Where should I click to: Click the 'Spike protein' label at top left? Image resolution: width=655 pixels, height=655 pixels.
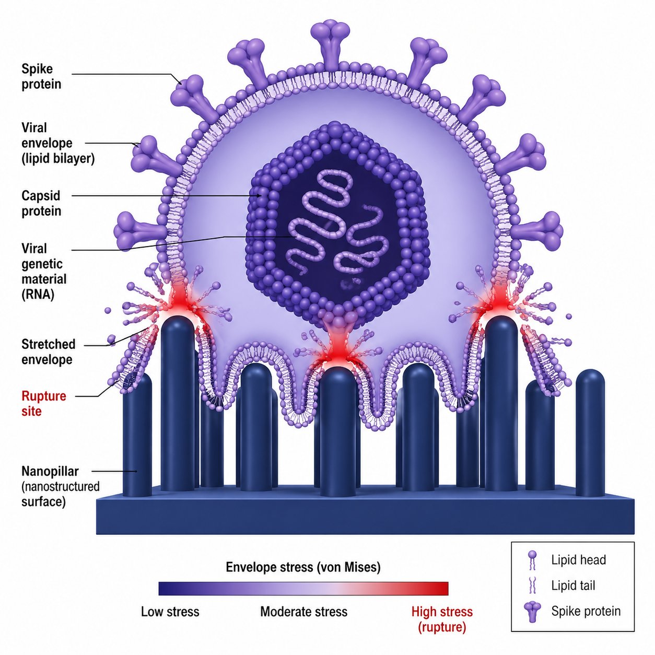[x=41, y=76]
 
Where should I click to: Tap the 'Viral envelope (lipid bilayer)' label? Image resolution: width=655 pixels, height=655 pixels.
[x=57, y=143]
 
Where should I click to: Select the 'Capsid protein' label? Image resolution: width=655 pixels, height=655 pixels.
[x=41, y=203]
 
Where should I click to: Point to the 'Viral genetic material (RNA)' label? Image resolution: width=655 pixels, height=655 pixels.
[x=44, y=271]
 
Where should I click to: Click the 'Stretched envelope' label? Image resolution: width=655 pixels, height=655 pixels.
[x=48, y=352]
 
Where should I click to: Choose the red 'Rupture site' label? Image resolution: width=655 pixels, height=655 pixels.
[x=43, y=403]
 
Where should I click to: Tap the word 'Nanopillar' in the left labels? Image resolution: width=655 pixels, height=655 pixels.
[x=50, y=471]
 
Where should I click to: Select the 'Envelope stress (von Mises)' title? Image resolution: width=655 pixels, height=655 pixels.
[x=303, y=567]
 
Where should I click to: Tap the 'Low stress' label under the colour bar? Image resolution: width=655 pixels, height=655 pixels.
[x=170, y=612]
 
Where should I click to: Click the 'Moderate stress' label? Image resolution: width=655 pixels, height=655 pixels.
[x=303, y=612]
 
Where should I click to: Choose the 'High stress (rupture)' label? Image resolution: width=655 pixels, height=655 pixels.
[x=442, y=619]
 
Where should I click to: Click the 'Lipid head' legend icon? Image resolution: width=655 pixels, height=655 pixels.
[x=532, y=560]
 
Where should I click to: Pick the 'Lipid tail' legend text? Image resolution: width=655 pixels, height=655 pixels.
[x=573, y=586]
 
